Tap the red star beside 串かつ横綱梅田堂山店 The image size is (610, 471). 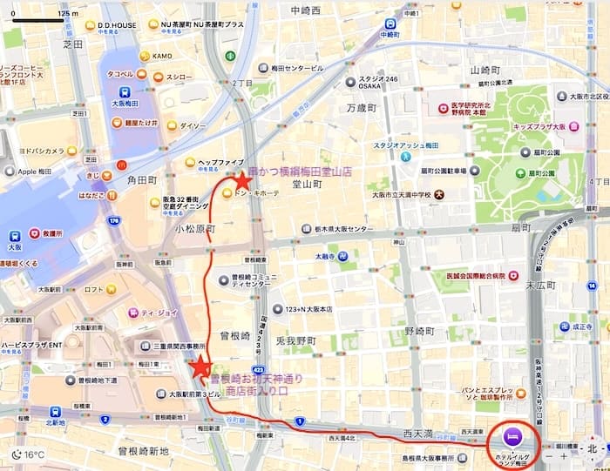[241, 180]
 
